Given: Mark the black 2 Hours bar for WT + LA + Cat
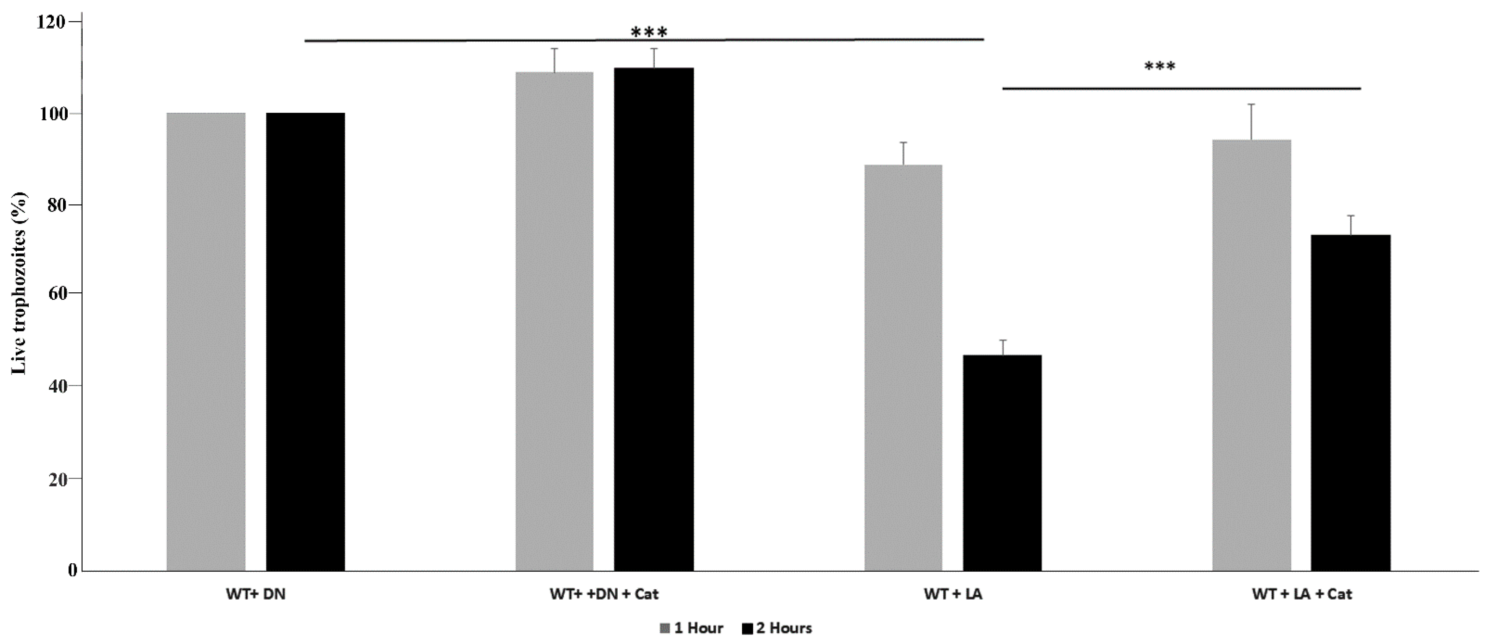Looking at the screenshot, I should pos(1351,403).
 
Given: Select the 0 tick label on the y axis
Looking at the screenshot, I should pos(72,570).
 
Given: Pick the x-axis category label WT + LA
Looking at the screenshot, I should pos(953,594).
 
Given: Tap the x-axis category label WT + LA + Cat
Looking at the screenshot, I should pos(1302,594).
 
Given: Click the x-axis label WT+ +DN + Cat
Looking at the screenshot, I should pos(604,594).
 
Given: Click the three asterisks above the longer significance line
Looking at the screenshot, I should pos(649,32).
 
